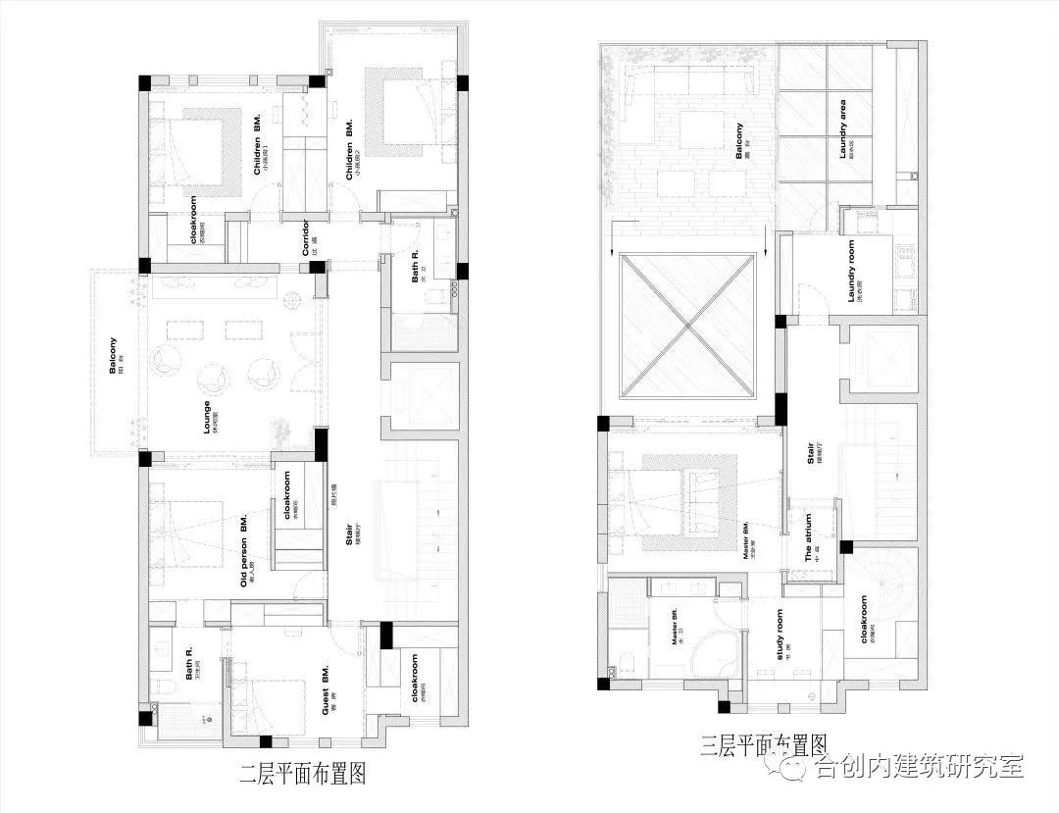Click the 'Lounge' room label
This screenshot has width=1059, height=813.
tap(207, 416)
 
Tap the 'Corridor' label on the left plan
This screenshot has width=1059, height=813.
tap(306, 238)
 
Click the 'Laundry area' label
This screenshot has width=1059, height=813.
tap(842, 128)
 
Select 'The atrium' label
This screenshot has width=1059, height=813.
tap(808, 536)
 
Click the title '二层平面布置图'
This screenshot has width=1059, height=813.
tap(303, 775)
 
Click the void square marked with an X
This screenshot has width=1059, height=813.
tap(687, 325)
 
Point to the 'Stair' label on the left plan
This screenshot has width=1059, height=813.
tap(350, 538)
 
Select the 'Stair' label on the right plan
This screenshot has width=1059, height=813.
tap(811, 457)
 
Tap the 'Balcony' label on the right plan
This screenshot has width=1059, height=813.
tap(739, 140)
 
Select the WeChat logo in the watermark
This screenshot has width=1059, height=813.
tap(797, 764)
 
